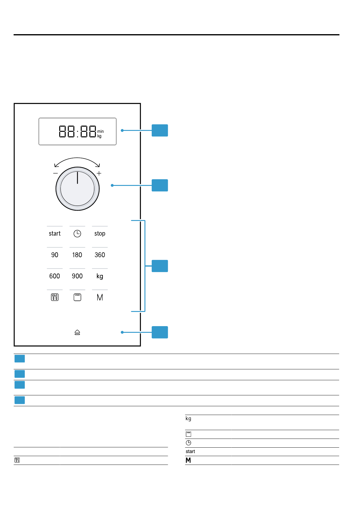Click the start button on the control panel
[x=55, y=234]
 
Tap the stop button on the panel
[x=100, y=234]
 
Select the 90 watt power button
[x=55, y=255]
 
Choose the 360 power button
[x=100, y=255]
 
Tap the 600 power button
[x=55, y=276]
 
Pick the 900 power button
[x=77, y=276]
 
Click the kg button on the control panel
[x=100, y=276]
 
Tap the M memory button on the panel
[x=100, y=297]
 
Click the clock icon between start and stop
[x=77, y=234]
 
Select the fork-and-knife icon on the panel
[x=55, y=297]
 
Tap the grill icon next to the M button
[x=77, y=297]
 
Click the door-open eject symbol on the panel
[x=77, y=332]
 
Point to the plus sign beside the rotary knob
[x=99, y=173]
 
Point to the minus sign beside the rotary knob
[x=55, y=173]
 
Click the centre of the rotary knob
[x=77, y=189]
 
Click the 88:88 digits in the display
[x=77, y=131]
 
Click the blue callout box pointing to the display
[x=160, y=131]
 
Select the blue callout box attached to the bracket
[x=160, y=266]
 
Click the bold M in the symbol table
[x=188, y=460]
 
